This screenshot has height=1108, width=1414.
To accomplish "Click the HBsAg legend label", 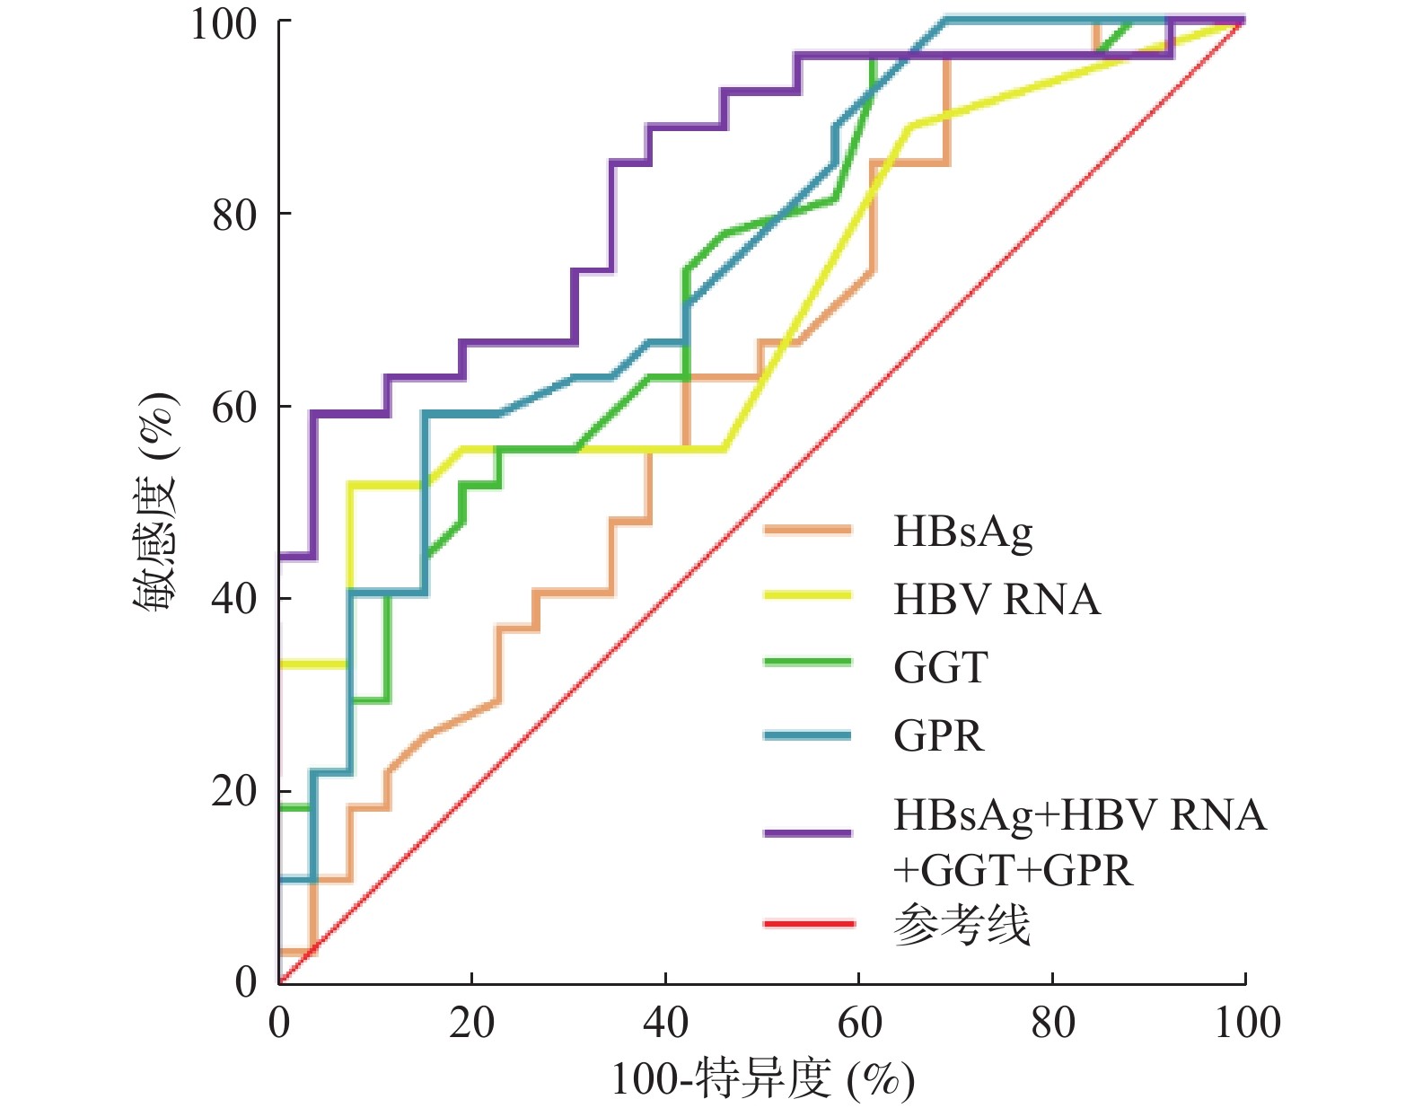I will pos(962,532).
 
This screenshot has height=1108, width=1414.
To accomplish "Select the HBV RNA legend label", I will pos(997,599).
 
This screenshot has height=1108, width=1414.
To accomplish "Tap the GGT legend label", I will pos(940,667).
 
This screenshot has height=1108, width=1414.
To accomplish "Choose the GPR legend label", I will pos(938,735).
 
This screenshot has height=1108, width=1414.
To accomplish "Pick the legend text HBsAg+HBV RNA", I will pos(1079,815).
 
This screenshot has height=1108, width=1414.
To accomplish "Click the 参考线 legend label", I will pos(962,925).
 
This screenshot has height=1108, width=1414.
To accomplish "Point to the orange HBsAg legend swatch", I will pos(808,530).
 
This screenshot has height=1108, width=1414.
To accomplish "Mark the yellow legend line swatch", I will pos(808,595).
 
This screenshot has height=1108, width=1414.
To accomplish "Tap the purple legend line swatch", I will pos(808,833).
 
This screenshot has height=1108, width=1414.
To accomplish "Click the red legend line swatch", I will pos(808,923).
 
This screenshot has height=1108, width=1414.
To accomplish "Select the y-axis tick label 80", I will pos(234,215).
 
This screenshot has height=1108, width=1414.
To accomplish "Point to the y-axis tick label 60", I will pos(234,407).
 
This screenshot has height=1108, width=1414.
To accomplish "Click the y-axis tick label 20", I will pos(234,791).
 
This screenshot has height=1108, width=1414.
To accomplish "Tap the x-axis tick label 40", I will pos(665,1023).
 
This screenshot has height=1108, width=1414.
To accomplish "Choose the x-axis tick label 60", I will pos(859,1023).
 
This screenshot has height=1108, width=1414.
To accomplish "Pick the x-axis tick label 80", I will pos(1052,1023).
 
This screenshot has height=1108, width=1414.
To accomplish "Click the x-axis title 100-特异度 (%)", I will pos(762,1078).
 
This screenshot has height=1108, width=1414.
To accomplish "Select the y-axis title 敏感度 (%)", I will pos(154,502).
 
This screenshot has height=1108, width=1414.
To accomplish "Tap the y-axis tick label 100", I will pos(224,23).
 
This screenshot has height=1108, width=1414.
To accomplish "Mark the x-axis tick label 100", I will pos(1246,1023).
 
